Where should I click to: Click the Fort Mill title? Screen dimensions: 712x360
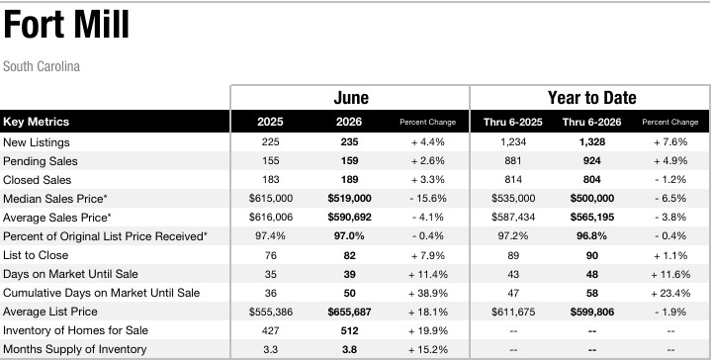66,25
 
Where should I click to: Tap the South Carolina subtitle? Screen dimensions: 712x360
42,66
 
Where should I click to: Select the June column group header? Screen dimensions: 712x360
351,98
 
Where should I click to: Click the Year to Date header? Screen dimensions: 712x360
591,98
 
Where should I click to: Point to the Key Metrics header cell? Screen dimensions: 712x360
36,122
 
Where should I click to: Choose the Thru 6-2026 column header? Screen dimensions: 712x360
591,122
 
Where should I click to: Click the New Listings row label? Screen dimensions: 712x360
37,142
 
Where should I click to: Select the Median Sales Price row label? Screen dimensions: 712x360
55,199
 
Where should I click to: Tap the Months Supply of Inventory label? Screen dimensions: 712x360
74,349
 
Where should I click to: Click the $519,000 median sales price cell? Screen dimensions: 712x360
349,199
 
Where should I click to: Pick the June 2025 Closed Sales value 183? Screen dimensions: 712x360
270,180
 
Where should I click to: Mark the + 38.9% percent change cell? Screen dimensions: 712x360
428,293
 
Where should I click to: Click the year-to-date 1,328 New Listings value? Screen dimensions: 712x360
591,142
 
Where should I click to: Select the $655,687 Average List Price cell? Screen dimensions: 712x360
349,312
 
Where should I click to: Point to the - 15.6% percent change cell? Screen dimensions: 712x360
428,199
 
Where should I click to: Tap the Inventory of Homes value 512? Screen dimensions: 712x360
349,330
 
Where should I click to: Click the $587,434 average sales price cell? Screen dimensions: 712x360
513,218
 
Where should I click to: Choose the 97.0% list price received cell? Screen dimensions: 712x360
349,236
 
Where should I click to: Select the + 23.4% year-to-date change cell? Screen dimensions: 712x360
670,293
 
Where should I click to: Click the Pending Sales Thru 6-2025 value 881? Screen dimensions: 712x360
513,160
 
